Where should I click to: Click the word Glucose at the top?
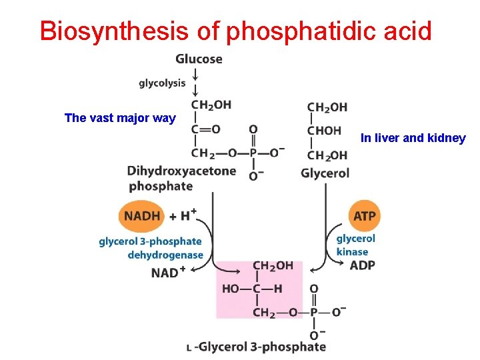[199, 59]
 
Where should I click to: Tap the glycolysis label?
[162, 83]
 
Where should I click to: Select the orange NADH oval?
[141, 215]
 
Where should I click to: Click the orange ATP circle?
[364, 216]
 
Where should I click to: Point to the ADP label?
[363, 265]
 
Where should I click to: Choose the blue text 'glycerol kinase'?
[355, 245]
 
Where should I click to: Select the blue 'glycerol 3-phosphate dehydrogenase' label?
[150, 248]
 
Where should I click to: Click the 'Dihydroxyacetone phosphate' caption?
[181, 178]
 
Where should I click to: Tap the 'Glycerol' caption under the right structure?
[325, 173]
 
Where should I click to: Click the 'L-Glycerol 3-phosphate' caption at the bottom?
[257, 346]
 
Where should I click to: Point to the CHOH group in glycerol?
[325, 131]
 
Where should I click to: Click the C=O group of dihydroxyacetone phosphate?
[206, 129]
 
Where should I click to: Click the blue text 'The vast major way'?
[120, 119]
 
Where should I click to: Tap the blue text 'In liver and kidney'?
[413, 139]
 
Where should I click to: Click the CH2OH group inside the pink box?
[272, 265]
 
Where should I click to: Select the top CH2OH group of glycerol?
[327, 107]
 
